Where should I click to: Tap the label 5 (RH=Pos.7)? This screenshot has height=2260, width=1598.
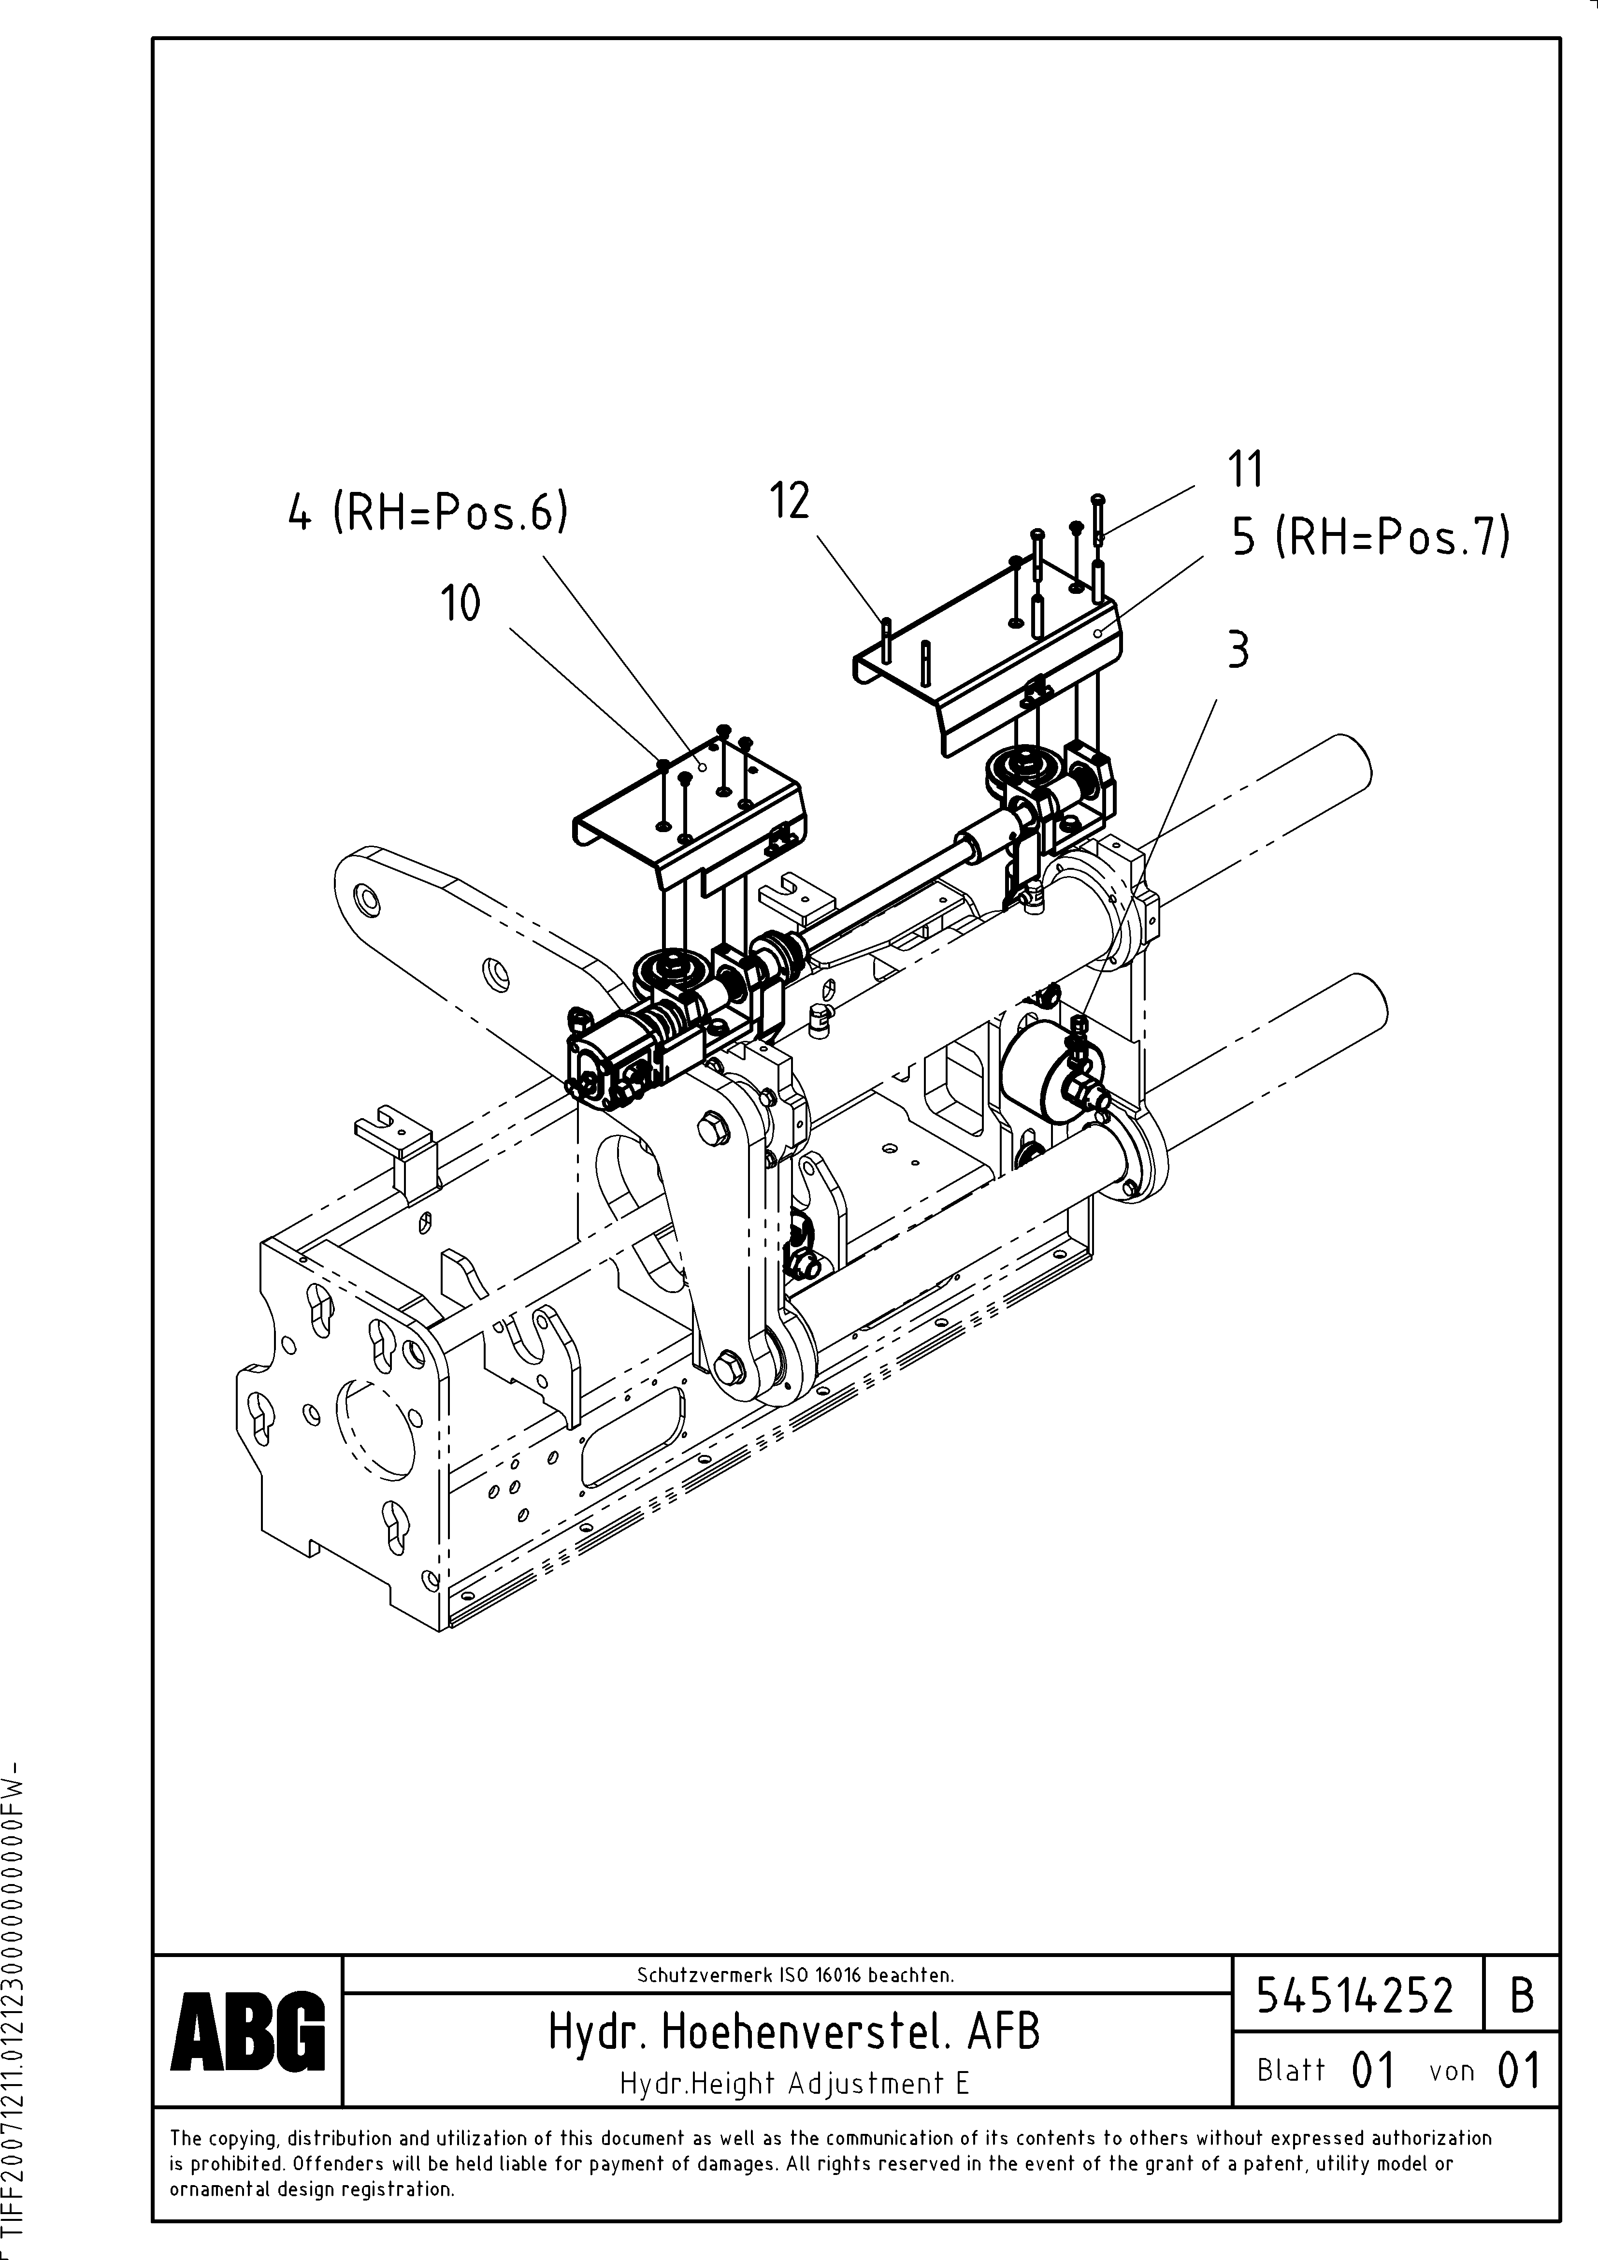click(x=1370, y=537)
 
